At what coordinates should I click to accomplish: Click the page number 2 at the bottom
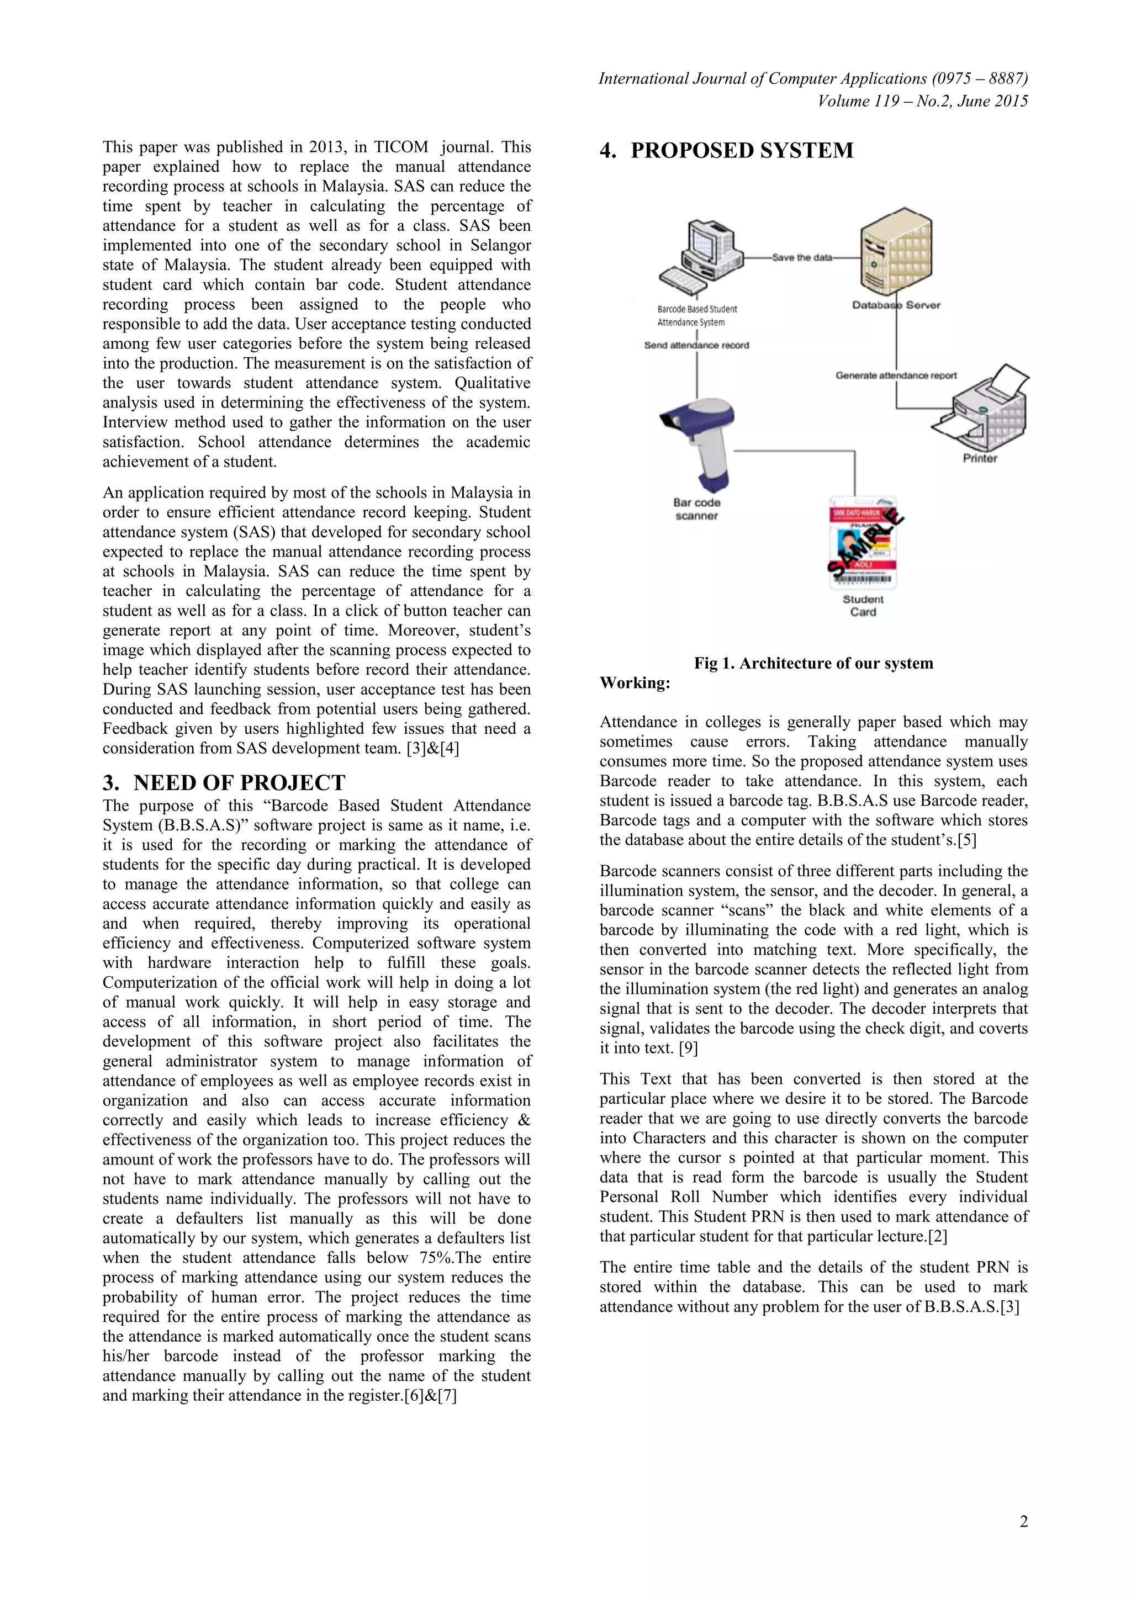coord(1023,1522)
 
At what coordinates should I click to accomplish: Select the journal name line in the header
coord(813,79)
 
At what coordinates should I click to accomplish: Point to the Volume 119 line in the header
coord(922,102)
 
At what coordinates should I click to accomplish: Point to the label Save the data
coord(802,258)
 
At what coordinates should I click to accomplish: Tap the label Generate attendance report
coord(896,375)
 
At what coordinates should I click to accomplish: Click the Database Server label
coord(896,305)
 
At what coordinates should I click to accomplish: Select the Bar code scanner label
coord(696,509)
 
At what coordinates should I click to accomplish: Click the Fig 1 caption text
coord(813,663)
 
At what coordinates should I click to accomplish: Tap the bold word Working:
coord(635,682)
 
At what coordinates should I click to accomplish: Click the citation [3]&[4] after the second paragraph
coord(432,749)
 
